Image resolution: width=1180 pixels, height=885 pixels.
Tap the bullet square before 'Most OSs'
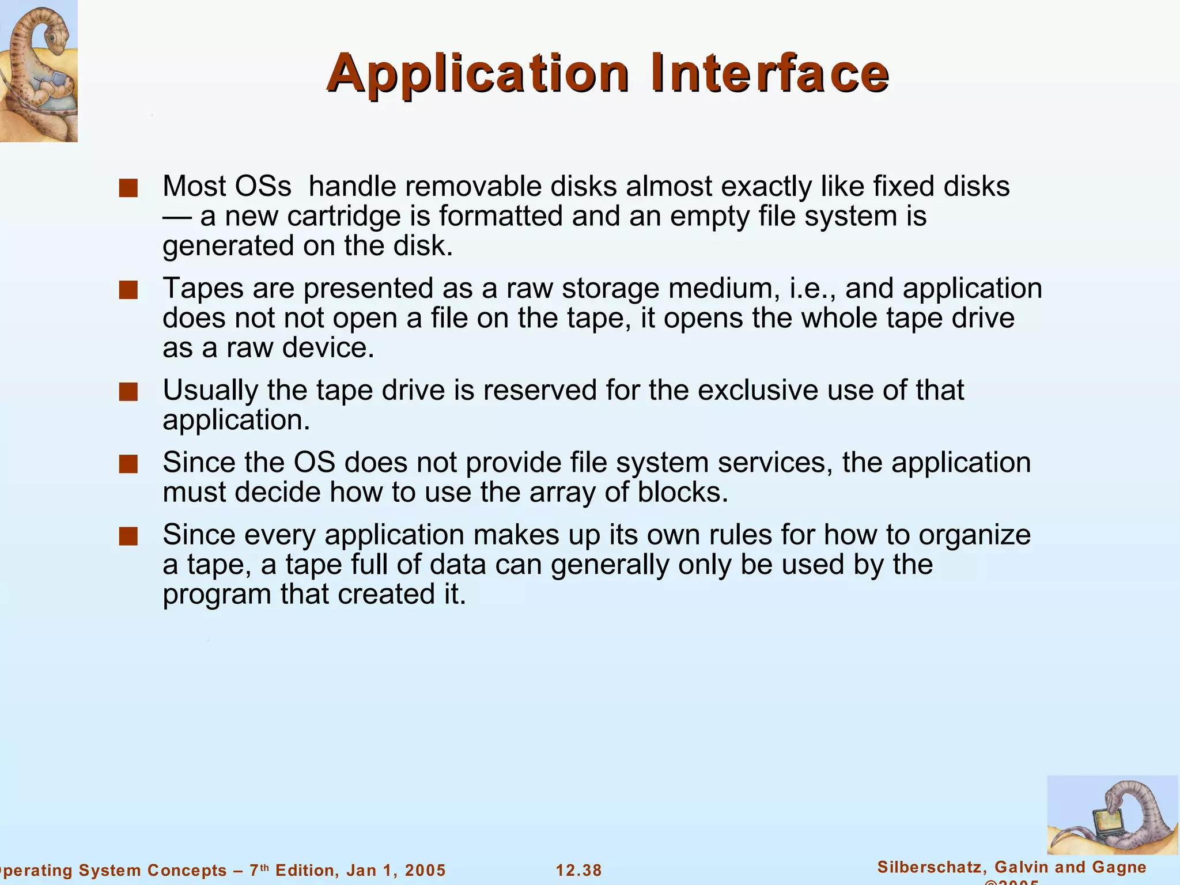click(x=128, y=188)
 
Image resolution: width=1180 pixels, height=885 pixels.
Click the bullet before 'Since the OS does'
click(x=128, y=464)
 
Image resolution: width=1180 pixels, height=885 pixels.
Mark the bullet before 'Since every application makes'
click(x=128, y=536)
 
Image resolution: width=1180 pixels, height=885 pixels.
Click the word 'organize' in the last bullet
click(x=974, y=535)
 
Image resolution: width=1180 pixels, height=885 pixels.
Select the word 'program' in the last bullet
click(x=217, y=595)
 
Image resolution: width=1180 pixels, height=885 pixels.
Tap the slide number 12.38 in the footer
click(x=578, y=870)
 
